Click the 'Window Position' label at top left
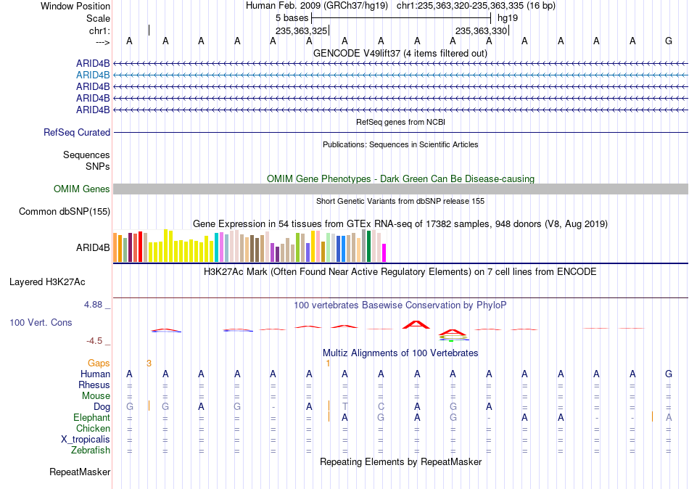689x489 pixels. coord(75,6)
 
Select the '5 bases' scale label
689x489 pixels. coord(292,18)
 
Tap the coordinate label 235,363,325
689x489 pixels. coord(302,30)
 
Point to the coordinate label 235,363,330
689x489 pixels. coord(482,30)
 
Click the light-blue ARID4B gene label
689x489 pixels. coord(93,75)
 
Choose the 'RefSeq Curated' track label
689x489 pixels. coord(77,132)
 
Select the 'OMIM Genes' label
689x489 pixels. coord(82,189)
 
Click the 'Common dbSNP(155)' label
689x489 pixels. coord(65,212)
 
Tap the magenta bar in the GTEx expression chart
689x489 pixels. coord(384,253)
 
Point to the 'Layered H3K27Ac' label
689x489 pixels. coord(47,282)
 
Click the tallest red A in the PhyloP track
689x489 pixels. coord(416,325)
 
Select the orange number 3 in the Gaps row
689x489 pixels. coord(149,363)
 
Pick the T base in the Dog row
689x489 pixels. coord(345,407)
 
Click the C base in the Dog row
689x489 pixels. coord(381,407)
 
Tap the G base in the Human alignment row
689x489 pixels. coord(669,374)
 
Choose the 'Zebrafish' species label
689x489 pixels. coord(91,451)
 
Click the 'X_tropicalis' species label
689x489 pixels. coord(86,440)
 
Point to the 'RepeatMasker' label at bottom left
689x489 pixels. coord(80,472)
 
